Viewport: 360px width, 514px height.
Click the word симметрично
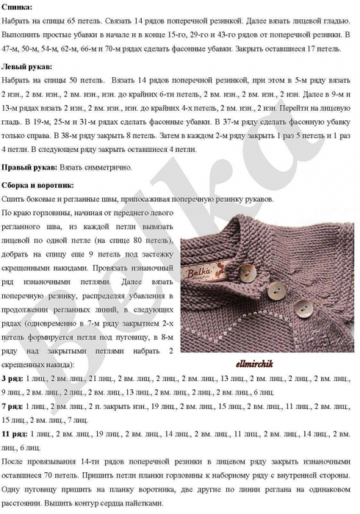tap(107, 167)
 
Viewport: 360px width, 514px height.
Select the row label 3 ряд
tap(12, 377)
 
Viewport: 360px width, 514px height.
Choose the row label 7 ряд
tap(12, 406)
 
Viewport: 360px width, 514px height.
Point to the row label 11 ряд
tap(15, 434)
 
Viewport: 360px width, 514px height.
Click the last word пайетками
tap(138, 504)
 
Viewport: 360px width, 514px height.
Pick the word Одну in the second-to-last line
tap(15, 490)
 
